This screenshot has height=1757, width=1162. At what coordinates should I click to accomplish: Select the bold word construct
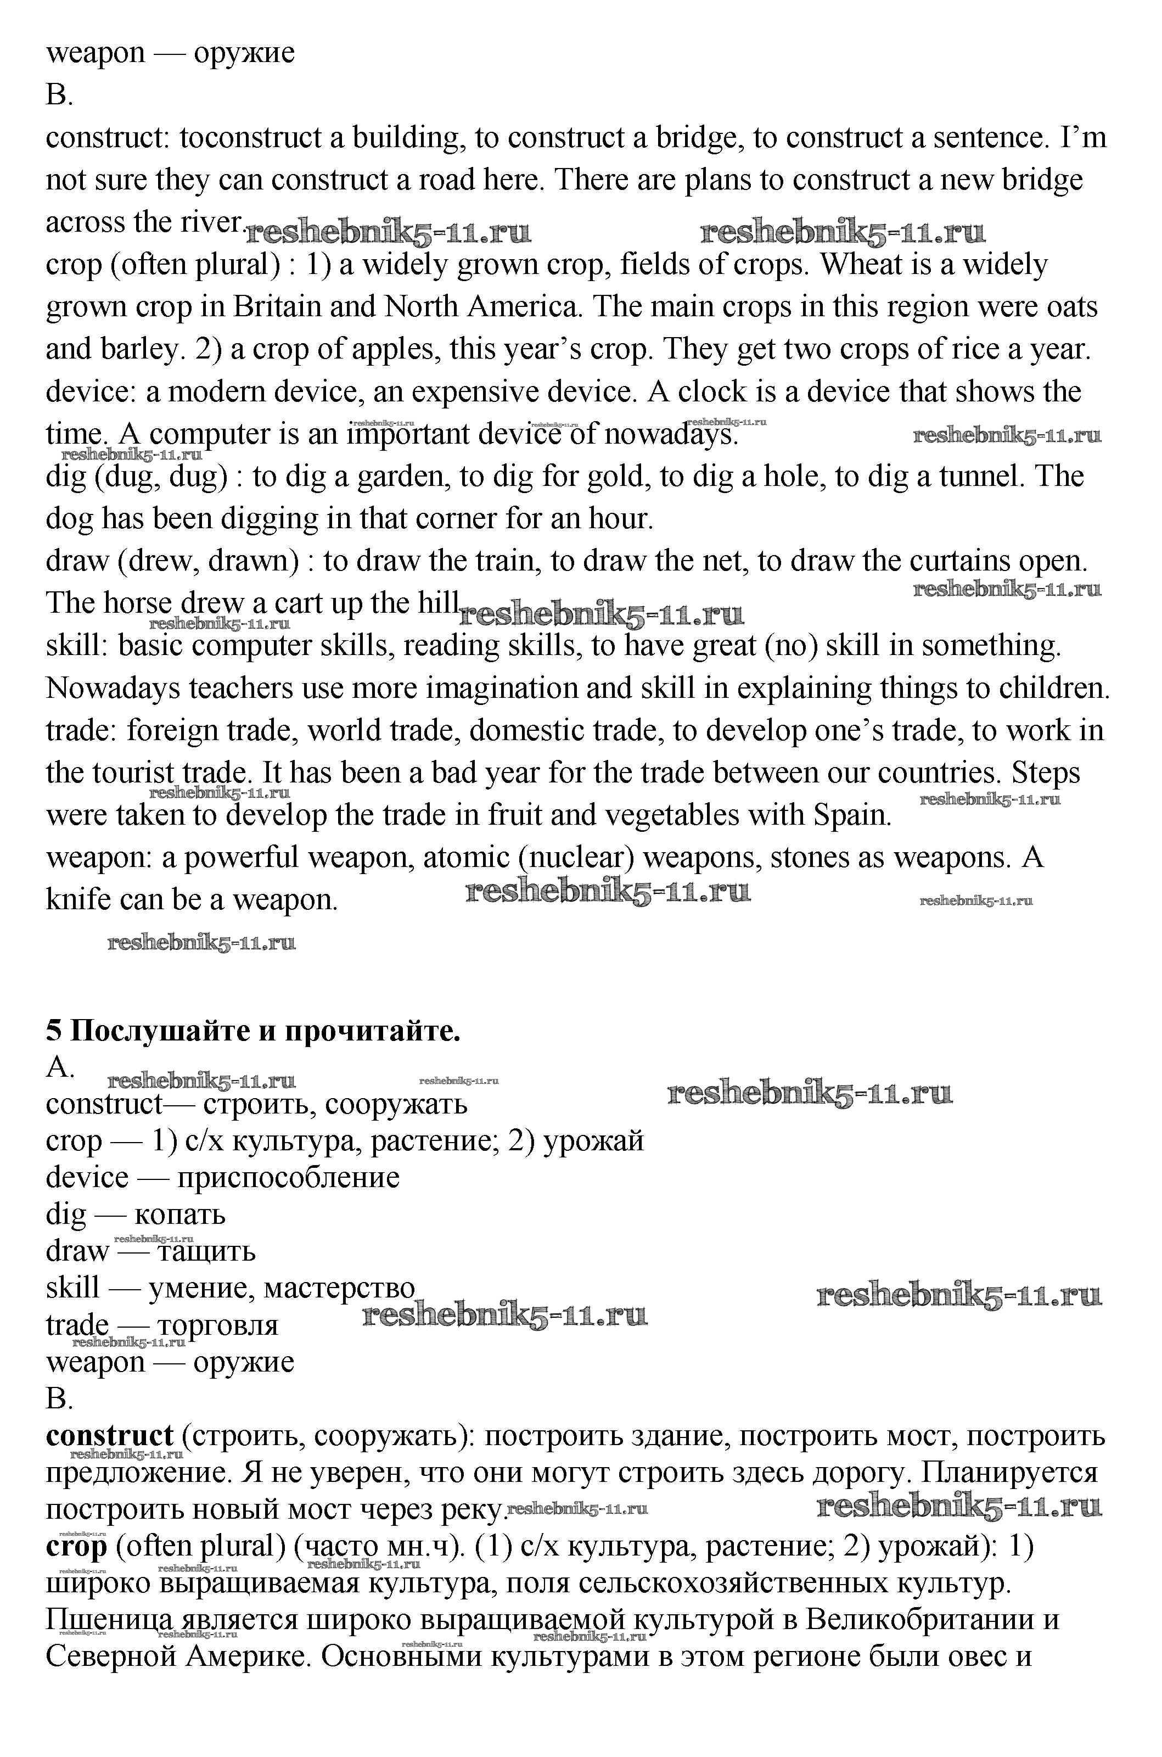pyautogui.click(x=109, y=1436)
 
